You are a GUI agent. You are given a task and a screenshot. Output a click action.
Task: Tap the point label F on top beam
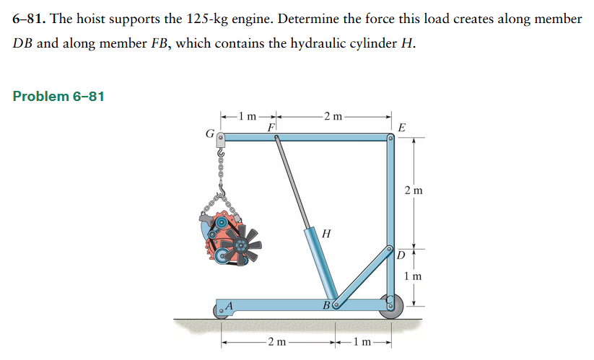[x=271, y=127]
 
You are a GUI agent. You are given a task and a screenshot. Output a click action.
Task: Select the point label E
[x=402, y=128]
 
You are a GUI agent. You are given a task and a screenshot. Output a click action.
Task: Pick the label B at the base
[x=327, y=306]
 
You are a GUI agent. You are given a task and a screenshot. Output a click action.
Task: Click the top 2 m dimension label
[x=334, y=115]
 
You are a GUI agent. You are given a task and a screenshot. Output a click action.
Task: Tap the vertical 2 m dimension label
[x=414, y=190]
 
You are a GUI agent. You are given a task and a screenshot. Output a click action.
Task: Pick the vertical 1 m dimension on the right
[x=414, y=276]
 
